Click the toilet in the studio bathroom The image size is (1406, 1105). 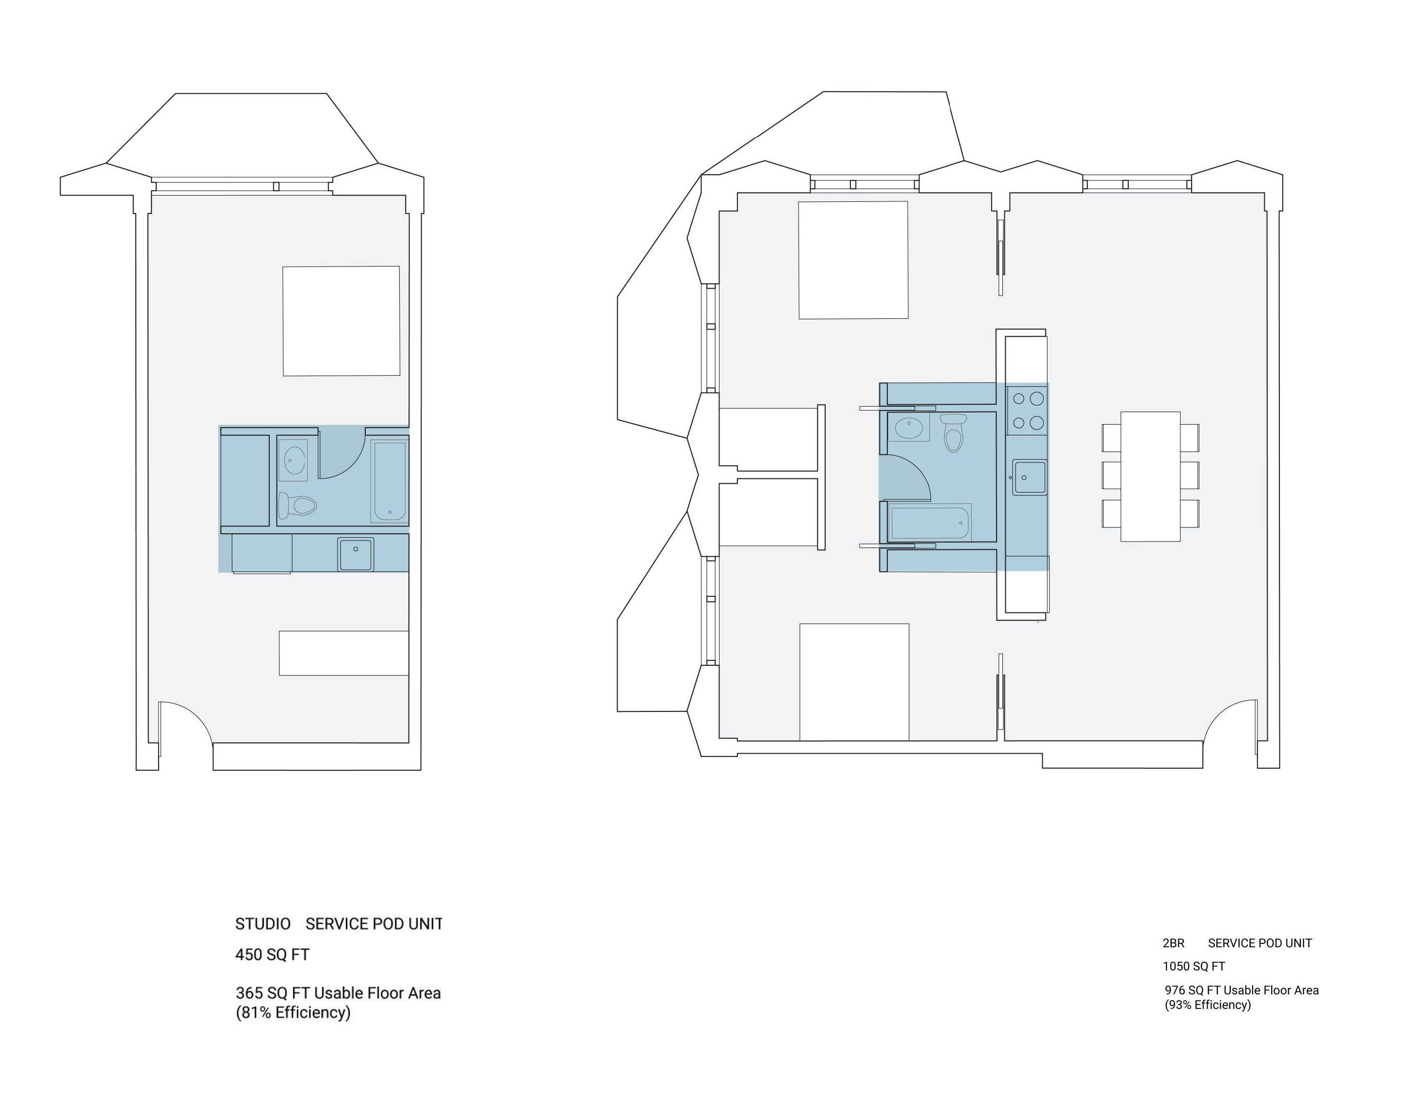tap(297, 505)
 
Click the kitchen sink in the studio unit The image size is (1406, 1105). tap(356, 554)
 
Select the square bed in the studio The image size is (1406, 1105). tap(342, 321)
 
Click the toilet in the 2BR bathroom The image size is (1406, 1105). tap(954, 432)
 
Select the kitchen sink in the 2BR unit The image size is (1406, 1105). tap(1030, 478)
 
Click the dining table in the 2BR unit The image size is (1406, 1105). tap(1150, 476)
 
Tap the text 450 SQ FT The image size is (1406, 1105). tap(272, 955)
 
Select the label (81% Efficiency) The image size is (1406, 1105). tap(293, 1012)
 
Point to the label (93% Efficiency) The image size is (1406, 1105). tap(1208, 1005)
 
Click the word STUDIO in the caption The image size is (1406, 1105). tap(262, 924)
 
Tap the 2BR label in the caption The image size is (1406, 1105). tap(1173, 943)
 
